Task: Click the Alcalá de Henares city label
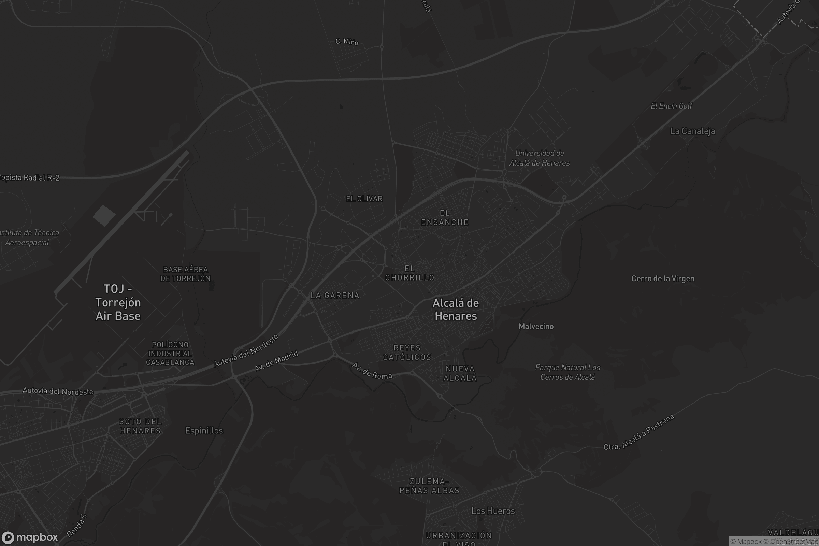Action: tap(456, 309)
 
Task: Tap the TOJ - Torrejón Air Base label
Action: tap(118, 302)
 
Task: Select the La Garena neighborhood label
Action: tap(335, 295)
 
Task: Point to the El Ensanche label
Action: tap(445, 218)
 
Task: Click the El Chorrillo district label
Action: tap(409, 273)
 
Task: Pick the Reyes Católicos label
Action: tap(407, 353)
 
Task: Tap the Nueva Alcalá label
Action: tap(460, 373)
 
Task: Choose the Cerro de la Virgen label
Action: tap(663, 278)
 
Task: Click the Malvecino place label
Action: tap(536, 326)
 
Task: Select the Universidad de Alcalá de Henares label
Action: tap(540, 158)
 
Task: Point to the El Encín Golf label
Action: tap(671, 106)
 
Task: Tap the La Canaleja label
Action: tap(692, 131)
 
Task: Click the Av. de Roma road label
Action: tap(372, 371)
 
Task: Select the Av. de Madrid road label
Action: tap(276, 361)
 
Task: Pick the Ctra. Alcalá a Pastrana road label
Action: tap(638, 432)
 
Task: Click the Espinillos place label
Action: tap(204, 431)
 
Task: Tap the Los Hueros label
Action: tap(493, 511)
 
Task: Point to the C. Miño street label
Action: tap(347, 41)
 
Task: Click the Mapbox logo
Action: tap(29, 537)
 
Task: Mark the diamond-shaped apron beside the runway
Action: tap(104, 216)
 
